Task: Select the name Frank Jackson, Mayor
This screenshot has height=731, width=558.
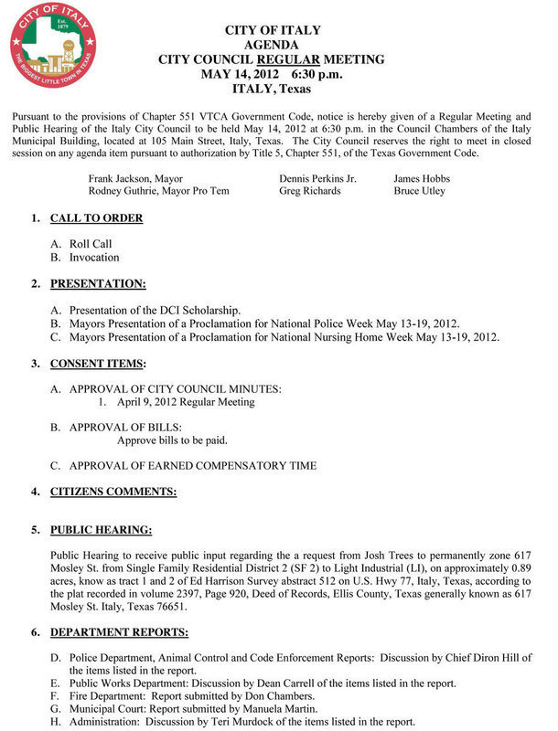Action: point(135,178)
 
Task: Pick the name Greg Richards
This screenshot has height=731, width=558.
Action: point(309,191)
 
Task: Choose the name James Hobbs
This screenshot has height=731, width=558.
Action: point(422,178)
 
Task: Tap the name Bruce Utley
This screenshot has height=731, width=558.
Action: point(419,191)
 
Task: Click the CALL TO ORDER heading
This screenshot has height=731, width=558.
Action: point(96,219)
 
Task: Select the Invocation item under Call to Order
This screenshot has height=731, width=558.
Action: point(94,258)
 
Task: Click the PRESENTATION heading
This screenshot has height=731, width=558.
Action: point(98,284)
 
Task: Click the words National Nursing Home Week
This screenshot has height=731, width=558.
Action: point(382,337)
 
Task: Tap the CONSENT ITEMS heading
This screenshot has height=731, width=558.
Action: point(97,364)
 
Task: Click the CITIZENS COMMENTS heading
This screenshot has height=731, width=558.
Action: point(113,493)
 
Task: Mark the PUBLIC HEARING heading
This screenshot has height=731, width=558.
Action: point(101,530)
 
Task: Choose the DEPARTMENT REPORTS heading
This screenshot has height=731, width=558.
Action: point(119,632)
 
